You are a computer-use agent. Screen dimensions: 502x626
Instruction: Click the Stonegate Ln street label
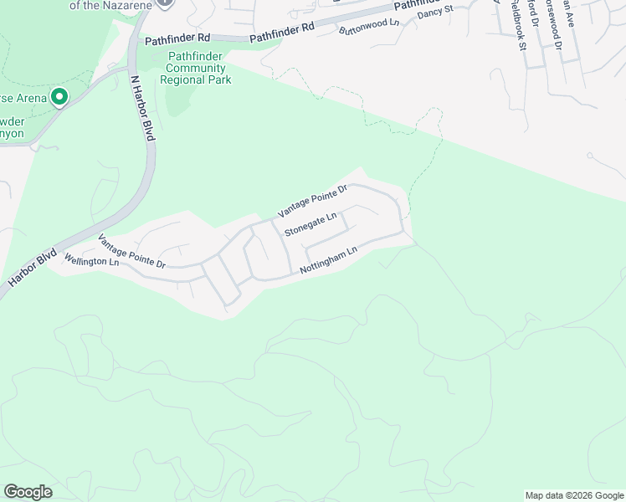tap(310, 223)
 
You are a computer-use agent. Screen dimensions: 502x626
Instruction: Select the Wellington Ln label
tap(91, 261)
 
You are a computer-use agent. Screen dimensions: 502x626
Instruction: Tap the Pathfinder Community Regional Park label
tap(199, 69)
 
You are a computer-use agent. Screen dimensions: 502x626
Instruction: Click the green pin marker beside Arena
tap(59, 97)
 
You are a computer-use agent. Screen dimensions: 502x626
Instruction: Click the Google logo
tap(28, 492)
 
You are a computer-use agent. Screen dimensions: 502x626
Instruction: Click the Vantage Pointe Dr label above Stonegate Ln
tap(312, 202)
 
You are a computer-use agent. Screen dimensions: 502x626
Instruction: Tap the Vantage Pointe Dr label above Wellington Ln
tap(131, 251)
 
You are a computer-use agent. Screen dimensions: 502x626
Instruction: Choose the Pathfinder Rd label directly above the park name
tap(177, 39)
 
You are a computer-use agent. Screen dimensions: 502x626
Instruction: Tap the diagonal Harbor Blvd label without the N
tap(33, 268)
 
